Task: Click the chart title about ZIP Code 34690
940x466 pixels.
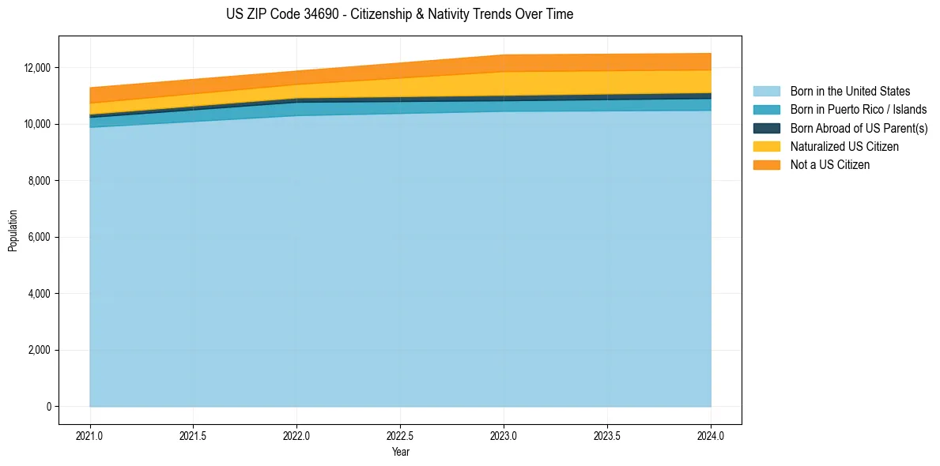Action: pos(399,14)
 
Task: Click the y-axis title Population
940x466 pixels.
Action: pos(13,231)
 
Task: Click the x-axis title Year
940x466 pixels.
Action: pos(400,453)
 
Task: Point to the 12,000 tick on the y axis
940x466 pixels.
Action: pos(38,68)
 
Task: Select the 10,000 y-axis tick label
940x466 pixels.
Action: pos(38,125)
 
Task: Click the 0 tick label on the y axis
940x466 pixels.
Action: pos(48,407)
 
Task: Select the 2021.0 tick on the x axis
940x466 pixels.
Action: pos(90,435)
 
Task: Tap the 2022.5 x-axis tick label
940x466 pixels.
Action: pos(400,435)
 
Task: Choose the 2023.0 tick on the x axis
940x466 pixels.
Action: pos(504,435)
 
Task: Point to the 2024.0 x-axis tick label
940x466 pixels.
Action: pos(711,435)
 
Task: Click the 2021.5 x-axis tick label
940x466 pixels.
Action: pos(194,435)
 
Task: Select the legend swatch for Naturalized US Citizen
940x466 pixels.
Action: pos(766,147)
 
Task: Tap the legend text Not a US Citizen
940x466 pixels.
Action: pos(830,165)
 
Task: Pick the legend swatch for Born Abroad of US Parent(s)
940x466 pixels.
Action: pos(766,128)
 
